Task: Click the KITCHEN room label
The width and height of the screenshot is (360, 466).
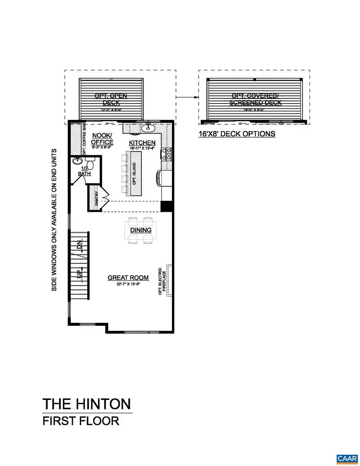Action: tap(143, 142)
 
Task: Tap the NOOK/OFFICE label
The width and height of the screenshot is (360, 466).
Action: tap(103, 139)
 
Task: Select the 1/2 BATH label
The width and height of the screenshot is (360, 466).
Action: tap(85, 171)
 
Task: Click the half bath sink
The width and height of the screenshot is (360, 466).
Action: tap(78, 161)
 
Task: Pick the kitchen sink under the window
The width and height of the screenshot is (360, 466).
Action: tap(149, 127)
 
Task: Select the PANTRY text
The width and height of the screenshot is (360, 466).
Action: tap(97, 199)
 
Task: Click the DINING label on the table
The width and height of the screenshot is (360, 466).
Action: tap(141, 230)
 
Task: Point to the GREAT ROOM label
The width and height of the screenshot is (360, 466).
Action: tap(128, 277)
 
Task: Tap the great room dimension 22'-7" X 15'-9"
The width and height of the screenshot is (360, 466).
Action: tap(128, 283)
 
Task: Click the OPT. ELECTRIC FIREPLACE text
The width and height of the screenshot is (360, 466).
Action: tap(163, 280)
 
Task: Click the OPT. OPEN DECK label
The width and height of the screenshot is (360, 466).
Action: tap(111, 99)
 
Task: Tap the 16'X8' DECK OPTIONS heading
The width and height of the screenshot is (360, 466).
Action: tap(237, 134)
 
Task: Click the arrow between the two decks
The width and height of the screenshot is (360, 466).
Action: tap(186, 98)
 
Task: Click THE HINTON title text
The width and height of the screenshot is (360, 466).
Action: tap(86, 404)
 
